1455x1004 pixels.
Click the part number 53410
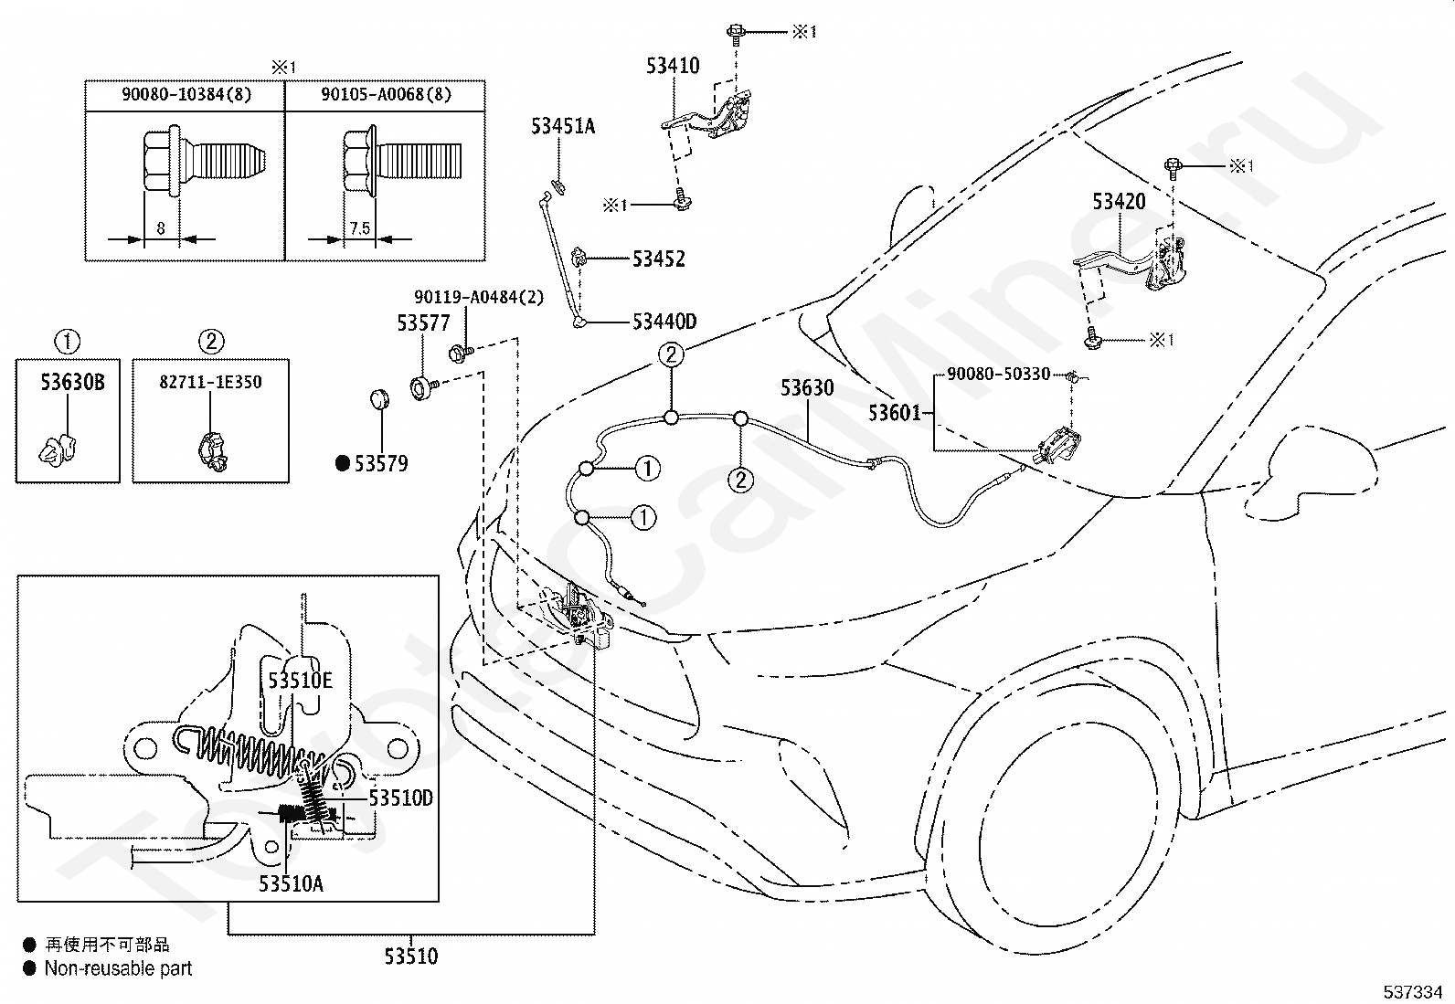[x=673, y=66]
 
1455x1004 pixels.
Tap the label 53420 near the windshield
[x=1119, y=201]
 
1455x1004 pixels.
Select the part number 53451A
[x=562, y=126]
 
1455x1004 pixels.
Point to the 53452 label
[x=659, y=259]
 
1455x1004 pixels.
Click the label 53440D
[x=664, y=322]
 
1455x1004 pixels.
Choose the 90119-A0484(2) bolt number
[x=479, y=298]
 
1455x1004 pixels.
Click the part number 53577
[x=423, y=322]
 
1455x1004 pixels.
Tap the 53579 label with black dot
[x=372, y=464]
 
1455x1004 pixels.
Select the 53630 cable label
[x=807, y=387]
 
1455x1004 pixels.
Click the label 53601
[x=895, y=412]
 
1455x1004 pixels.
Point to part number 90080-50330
[x=998, y=374]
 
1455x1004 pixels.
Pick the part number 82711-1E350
[x=210, y=382]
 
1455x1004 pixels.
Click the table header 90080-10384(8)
[x=186, y=95]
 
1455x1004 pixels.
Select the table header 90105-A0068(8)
[x=386, y=95]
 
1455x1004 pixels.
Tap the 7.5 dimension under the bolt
[x=360, y=228]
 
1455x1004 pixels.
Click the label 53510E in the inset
[x=300, y=681]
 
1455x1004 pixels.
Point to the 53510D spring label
[x=400, y=798]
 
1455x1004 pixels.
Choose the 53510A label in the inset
[x=291, y=883]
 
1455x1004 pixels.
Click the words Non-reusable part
[x=118, y=968]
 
